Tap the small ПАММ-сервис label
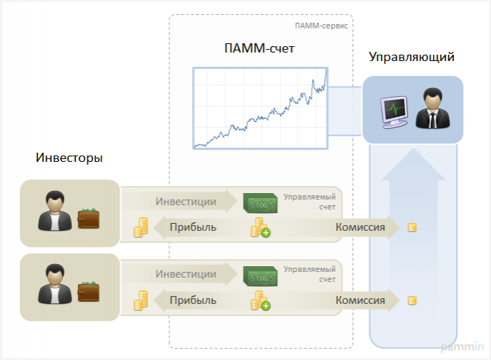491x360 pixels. [320, 26]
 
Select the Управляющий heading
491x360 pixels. [412, 57]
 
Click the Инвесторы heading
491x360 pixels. [69, 158]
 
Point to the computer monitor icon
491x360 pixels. [393, 111]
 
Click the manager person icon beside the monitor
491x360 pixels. [431, 109]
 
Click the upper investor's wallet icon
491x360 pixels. [88, 217]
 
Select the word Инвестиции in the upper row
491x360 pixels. [186, 201]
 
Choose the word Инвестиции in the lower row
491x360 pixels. [186, 274]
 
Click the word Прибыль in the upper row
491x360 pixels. [193, 227]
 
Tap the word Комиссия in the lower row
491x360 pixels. [360, 300]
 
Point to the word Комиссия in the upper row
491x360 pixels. [360, 227]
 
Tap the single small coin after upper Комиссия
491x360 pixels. [411, 227]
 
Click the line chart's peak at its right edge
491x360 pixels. [326, 70]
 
